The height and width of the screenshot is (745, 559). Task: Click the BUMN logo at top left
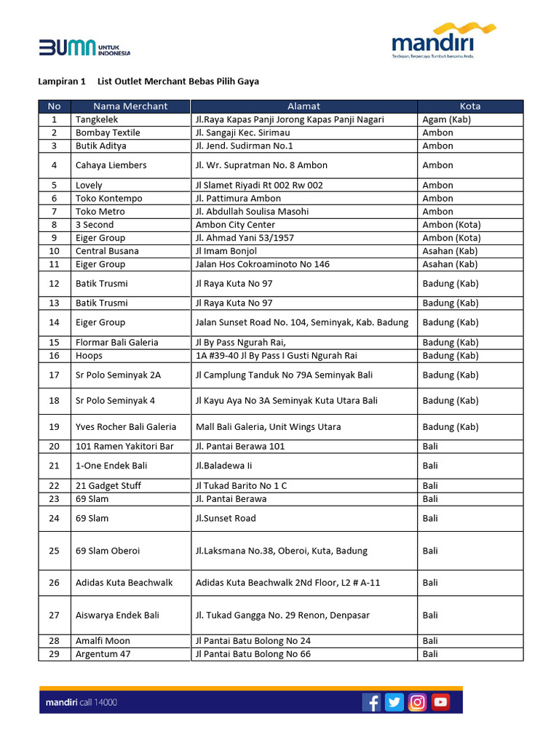pos(84,48)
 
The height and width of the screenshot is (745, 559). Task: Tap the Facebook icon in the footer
pos(371,702)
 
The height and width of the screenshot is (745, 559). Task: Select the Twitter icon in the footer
pos(395,702)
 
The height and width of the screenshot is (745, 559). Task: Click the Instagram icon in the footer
pos(418,702)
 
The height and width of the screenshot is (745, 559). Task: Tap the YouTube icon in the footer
pos(440,702)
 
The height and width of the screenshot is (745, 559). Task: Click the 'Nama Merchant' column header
pos(130,106)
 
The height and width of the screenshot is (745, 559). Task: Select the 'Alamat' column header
pos(304,106)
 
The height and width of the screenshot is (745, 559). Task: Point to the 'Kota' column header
pos(470,106)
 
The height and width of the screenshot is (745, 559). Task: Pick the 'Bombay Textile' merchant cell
pos(108,132)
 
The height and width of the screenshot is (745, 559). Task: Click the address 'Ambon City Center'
pos(235,225)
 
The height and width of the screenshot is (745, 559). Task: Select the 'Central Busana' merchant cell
pos(107,251)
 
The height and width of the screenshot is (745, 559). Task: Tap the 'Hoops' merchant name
pos(89,356)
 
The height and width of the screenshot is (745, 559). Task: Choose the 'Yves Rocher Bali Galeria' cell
pos(126,427)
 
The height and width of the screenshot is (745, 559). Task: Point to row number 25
pos(55,551)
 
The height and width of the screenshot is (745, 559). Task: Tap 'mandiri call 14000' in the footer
pos(81,702)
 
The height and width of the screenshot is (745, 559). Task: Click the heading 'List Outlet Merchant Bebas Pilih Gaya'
pos(178,81)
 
